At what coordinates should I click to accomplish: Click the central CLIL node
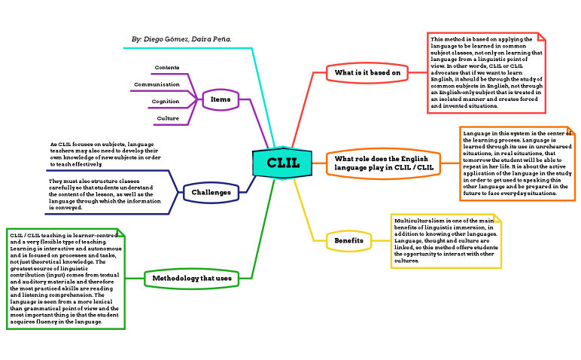pos(283,163)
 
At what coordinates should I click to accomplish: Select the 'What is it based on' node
pos(367,72)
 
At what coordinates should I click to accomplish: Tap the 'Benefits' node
pos(348,241)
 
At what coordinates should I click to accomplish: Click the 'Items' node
pos(221,99)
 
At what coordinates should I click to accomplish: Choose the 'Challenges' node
pos(211,193)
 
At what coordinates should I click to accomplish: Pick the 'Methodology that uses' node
pos(192,279)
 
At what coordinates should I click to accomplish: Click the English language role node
pos(384,163)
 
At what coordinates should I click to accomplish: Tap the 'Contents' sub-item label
pos(166,68)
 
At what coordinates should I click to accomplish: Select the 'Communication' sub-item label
pos(157,84)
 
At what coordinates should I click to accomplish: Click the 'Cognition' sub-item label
pos(165,101)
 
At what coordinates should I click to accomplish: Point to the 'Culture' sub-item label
pos(167,118)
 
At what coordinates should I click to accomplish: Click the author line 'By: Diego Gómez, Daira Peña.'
pos(181,38)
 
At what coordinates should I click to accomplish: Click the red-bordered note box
pos(485,72)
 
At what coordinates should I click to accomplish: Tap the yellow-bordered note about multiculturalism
pos(445,240)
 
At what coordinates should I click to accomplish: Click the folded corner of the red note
pos(540,38)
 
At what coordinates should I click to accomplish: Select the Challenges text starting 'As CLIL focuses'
pos(105,154)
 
